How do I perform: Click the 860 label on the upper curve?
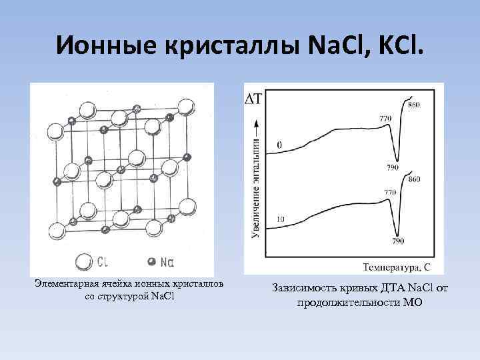[414, 107]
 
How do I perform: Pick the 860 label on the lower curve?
[414, 180]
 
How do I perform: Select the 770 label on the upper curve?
[385, 119]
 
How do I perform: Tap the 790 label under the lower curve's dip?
[399, 241]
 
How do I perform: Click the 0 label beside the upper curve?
[280, 145]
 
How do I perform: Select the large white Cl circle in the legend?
[83, 261]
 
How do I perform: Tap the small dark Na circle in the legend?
[151, 261]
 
